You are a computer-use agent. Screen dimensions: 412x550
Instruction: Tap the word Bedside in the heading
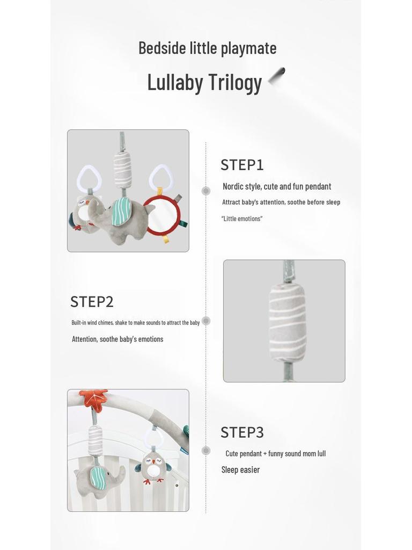pos(163,48)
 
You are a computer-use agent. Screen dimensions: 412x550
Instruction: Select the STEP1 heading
pos(242,165)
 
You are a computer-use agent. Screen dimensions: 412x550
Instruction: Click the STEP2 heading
pos(92,302)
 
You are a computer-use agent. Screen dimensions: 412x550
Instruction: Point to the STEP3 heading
pos(242,432)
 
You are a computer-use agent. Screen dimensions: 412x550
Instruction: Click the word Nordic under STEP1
pos(233,186)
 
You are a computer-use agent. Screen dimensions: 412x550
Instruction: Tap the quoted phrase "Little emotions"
pos(242,219)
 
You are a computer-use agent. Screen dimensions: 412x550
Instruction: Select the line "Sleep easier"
pos(240,469)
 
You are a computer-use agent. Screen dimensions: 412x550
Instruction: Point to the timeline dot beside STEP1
pos(206,191)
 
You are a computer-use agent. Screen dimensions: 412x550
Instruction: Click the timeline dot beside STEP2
pos(206,321)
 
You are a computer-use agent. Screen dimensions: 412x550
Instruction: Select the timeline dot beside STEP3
pos(206,451)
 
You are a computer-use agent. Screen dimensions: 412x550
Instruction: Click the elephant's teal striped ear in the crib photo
pos(98,477)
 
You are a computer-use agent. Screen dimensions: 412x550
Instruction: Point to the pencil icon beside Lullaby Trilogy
pos(277,76)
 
